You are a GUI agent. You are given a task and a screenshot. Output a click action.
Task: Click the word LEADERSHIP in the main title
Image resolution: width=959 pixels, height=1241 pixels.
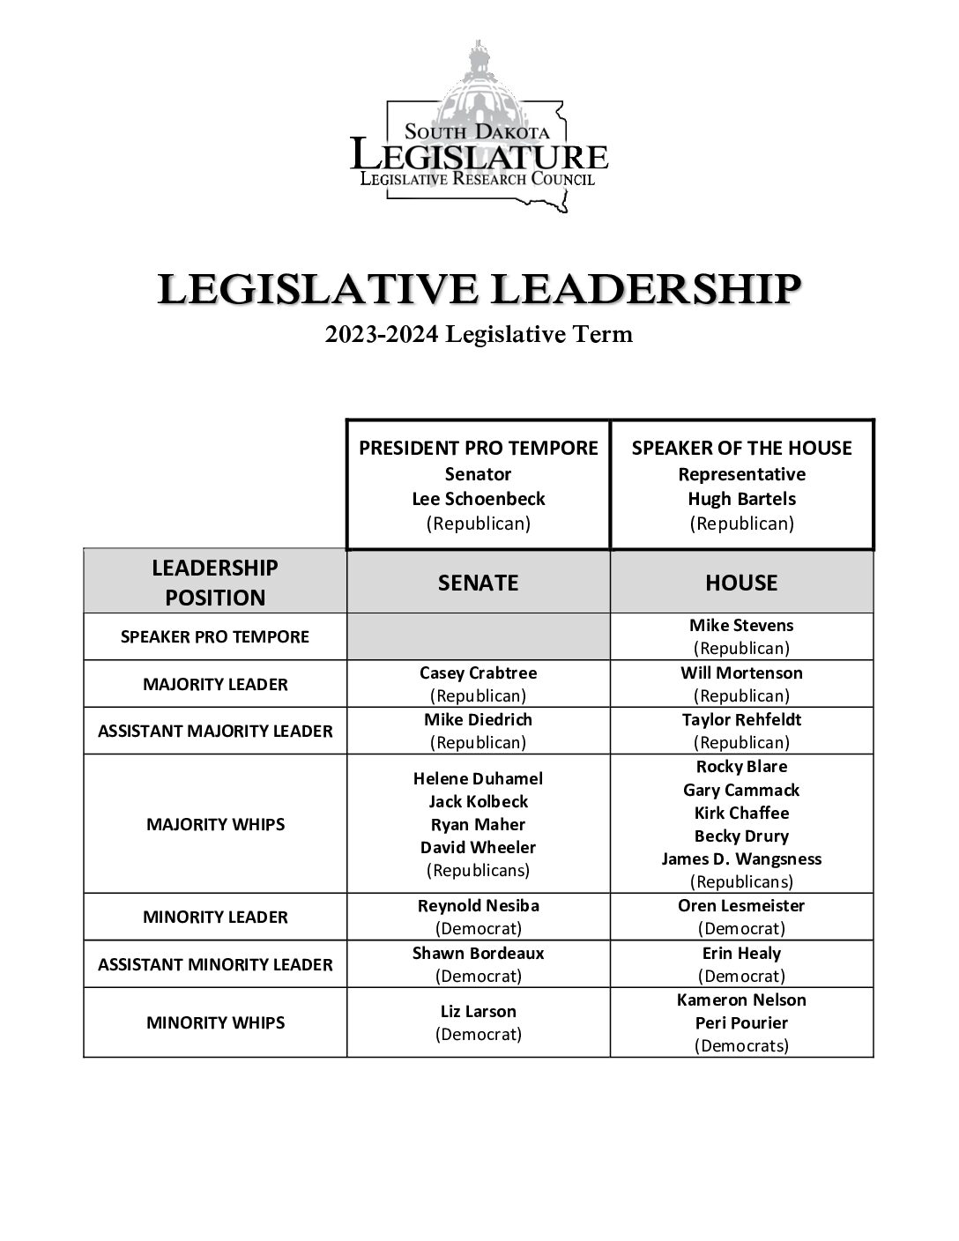(646, 289)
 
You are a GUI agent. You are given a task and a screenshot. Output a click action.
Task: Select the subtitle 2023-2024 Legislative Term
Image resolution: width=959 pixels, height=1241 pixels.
(479, 335)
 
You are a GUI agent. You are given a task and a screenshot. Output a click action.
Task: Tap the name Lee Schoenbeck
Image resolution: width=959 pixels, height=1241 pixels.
(479, 499)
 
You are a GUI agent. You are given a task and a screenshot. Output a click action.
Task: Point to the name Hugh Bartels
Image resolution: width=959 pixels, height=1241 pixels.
(741, 499)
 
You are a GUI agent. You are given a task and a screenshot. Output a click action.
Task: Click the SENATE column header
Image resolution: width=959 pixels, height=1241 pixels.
(479, 583)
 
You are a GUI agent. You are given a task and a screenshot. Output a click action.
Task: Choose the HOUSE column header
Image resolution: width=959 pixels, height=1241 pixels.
(741, 583)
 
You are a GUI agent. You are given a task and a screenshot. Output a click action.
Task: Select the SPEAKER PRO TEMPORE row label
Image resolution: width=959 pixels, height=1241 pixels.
(215, 636)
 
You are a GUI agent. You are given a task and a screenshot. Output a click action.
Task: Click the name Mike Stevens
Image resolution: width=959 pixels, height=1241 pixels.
(741, 626)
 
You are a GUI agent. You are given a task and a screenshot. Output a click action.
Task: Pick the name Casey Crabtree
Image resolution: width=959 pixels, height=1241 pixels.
(479, 673)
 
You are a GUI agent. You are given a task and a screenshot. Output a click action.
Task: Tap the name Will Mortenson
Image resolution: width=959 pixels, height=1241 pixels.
(741, 673)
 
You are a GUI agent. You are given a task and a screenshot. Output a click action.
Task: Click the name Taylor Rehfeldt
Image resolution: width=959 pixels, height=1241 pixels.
(741, 719)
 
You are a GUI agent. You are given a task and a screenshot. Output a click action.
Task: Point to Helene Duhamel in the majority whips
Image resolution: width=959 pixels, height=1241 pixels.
(479, 778)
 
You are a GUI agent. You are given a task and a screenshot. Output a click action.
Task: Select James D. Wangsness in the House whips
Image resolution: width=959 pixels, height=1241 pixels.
(741, 858)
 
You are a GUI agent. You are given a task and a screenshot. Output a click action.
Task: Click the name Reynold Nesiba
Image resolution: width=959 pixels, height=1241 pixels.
(479, 905)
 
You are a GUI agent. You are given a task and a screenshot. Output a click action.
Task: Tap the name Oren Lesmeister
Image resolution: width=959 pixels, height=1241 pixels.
(741, 905)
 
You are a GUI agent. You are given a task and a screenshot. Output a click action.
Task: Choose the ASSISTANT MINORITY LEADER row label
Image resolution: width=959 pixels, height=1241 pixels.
(215, 964)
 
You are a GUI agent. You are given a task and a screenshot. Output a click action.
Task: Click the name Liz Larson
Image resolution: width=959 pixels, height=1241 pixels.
(479, 1011)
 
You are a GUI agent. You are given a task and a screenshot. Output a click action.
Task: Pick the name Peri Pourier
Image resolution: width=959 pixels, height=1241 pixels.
(741, 1022)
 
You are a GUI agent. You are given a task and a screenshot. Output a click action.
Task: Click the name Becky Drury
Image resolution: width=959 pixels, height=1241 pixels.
(741, 836)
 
